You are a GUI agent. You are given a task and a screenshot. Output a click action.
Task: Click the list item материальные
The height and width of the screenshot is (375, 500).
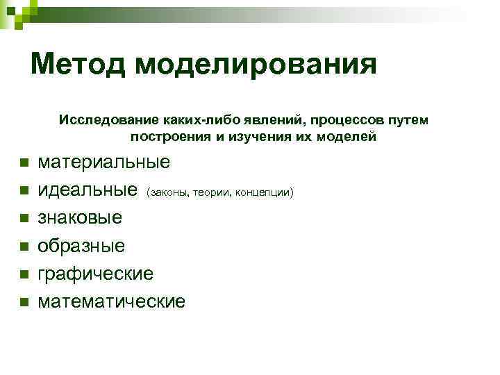pos(103,162)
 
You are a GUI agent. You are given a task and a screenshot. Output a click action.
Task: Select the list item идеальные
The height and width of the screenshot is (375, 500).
pos(87,190)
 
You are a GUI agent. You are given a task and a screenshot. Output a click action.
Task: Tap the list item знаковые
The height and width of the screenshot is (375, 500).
pos(80,217)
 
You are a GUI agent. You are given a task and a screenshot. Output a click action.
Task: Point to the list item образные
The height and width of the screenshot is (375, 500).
pos(81,245)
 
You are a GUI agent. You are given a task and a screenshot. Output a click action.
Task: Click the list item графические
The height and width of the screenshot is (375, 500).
pos(95,274)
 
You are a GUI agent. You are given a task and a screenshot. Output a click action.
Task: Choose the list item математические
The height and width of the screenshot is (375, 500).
pos(112,301)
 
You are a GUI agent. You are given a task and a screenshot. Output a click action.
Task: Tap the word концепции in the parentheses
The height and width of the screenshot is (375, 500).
pos(265,192)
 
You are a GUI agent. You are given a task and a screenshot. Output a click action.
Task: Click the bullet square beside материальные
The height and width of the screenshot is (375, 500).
pos(23,162)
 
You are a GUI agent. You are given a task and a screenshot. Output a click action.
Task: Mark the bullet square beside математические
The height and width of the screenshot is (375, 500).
pos(23,302)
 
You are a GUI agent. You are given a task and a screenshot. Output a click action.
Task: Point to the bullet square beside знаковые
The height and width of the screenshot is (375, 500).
pos(23,218)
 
